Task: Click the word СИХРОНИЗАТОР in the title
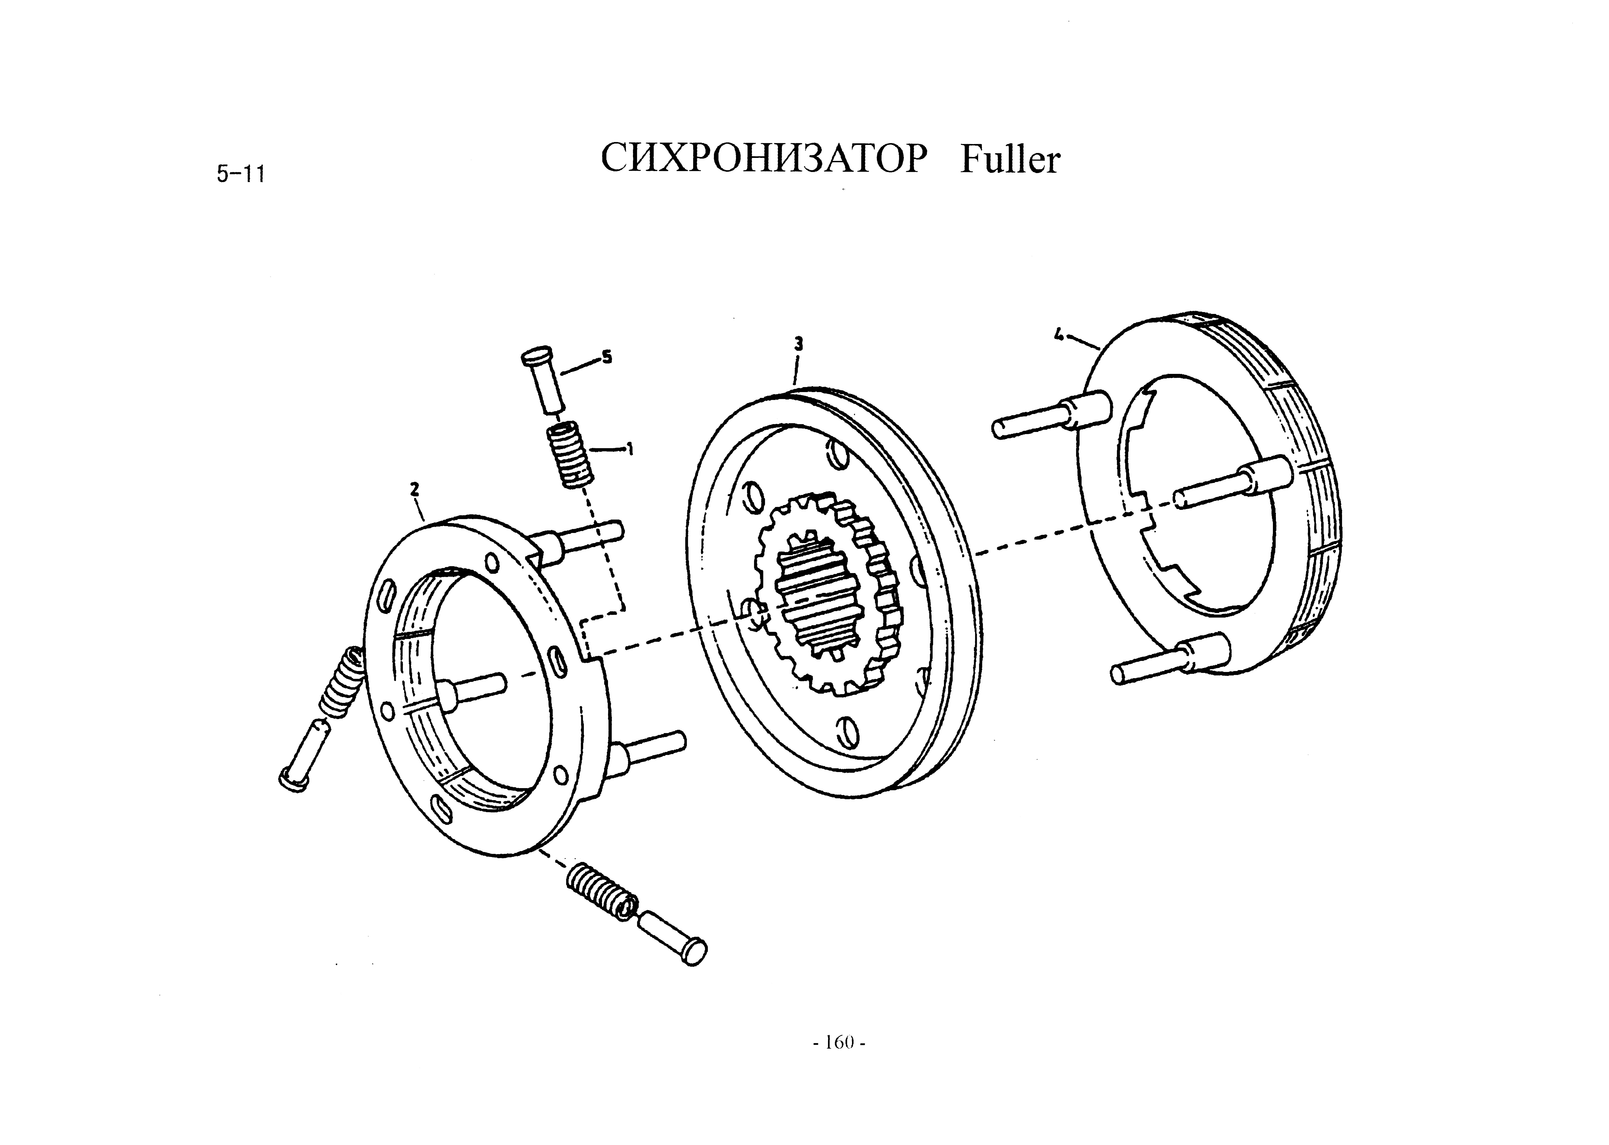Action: coord(762,159)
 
